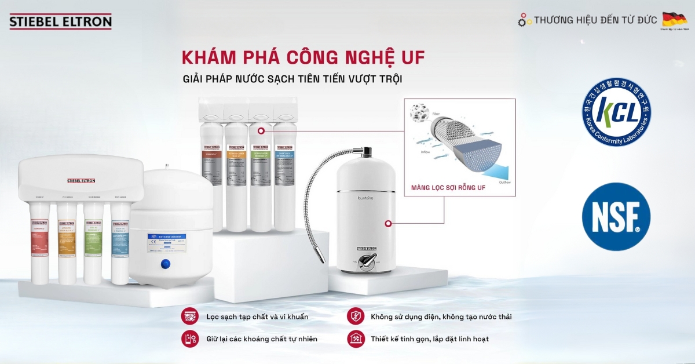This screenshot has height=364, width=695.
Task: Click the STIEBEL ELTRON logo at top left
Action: pos(60,22)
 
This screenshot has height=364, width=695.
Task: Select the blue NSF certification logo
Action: pos(616,216)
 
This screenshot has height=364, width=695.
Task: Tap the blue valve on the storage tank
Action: pos(165,264)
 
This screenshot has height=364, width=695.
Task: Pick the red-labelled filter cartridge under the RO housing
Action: pos(39,243)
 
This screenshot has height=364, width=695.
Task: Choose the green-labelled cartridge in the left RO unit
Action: pos(93,243)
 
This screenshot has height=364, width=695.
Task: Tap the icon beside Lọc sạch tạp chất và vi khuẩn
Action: pos(189,316)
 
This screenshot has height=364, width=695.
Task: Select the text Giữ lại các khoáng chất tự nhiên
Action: pos(261,338)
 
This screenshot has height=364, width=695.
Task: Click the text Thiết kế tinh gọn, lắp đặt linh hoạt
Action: pos(430,338)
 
